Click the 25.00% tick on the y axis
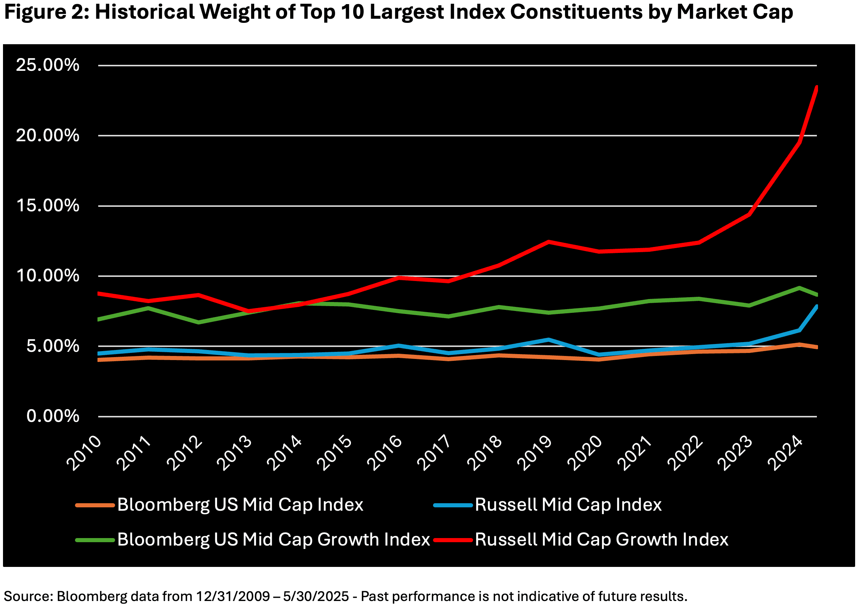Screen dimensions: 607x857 pyautogui.click(x=48, y=65)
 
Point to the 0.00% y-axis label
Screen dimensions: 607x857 pyautogui.click(x=53, y=416)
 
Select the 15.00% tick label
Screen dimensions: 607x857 pyautogui.click(x=48, y=206)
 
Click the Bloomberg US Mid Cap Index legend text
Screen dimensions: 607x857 pyautogui.click(x=240, y=505)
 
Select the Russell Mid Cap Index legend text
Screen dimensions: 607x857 pyautogui.click(x=568, y=505)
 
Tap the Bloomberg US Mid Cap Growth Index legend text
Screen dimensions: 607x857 pyautogui.click(x=273, y=540)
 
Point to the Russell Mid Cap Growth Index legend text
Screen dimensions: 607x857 pyautogui.click(x=601, y=540)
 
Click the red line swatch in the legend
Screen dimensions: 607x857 pyautogui.click(x=453, y=540)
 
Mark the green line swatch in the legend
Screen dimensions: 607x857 pyautogui.click(x=95, y=540)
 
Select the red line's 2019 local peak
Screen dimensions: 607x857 pyautogui.click(x=548, y=242)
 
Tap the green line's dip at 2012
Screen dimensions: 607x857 pyautogui.click(x=198, y=322)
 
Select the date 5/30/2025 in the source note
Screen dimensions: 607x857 pyautogui.click(x=316, y=596)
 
